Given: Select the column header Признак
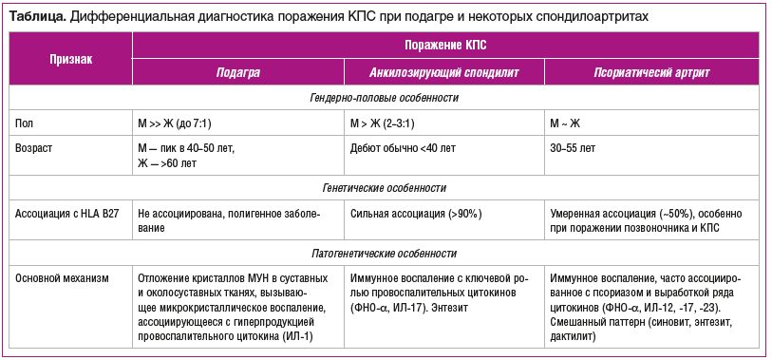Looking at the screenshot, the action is (71, 58).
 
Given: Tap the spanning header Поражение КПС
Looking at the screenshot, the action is (445, 45).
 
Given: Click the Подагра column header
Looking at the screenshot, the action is (237, 72).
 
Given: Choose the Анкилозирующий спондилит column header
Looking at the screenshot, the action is (446, 72).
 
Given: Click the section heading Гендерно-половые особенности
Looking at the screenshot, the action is (385, 98).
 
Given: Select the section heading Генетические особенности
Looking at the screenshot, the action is (385, 188).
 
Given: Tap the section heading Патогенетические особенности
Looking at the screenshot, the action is (385, 254).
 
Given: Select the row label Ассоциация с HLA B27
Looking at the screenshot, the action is (63, 214).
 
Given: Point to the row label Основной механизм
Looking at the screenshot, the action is (63, 279).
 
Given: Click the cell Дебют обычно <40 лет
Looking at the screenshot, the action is (403, 148).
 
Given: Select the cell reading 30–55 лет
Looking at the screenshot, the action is (574, 148).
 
